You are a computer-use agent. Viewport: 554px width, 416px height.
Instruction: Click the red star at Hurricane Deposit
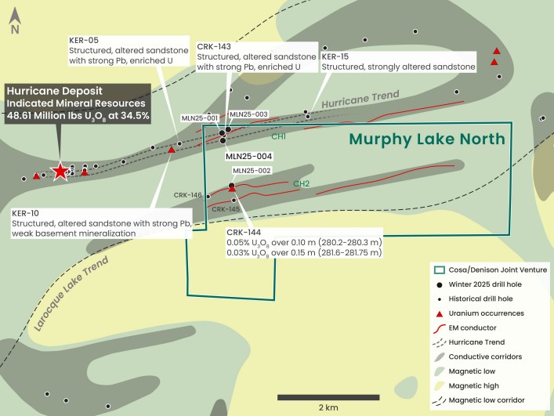tap(60, 172)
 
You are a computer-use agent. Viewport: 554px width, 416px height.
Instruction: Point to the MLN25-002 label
tap(252, 171)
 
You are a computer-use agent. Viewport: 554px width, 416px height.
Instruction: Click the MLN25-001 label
tap(200, 118)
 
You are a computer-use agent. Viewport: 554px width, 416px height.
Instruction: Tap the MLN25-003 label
tap(250, 114)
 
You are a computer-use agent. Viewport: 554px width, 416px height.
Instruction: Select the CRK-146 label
tap(188, 194)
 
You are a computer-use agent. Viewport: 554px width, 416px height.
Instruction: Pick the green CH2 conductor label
tap(302, 185)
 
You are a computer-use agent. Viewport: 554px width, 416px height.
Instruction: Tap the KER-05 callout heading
tap(84, 40)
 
